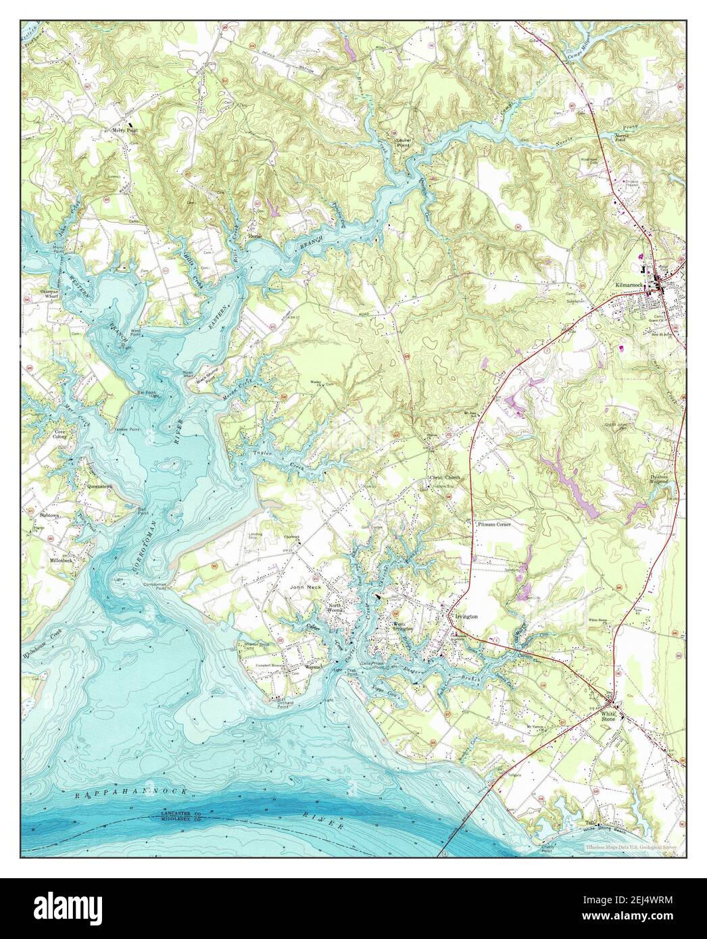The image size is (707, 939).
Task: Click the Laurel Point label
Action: coord(404,143)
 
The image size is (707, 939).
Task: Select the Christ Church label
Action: coord(445,478)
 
